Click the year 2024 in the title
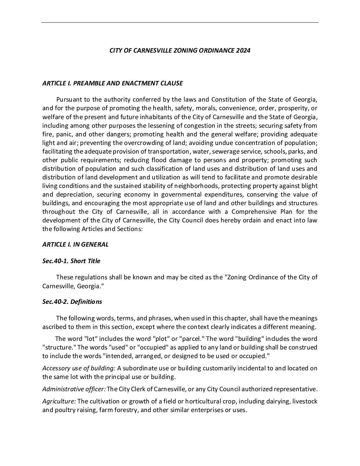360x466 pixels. [243, 51]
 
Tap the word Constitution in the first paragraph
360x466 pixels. [229, 100]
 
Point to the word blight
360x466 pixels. [309, 186]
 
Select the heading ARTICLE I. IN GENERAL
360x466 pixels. [75, 245]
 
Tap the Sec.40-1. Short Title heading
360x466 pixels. [71, 261]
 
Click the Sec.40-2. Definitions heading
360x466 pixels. [72, 302]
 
